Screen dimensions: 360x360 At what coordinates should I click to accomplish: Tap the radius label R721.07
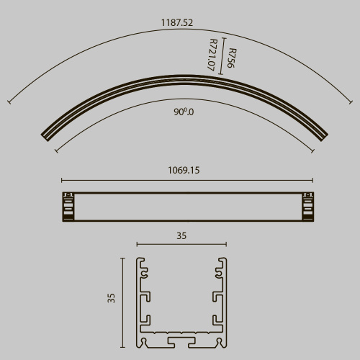point(212,54)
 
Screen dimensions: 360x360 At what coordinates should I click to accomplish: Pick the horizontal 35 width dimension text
point(181,235)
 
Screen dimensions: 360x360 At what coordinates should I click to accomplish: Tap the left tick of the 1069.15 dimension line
point(61,180)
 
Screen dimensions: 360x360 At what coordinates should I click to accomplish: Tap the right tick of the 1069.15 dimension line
point(312,180)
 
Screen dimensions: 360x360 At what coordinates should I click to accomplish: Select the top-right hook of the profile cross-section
point(218,271)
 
